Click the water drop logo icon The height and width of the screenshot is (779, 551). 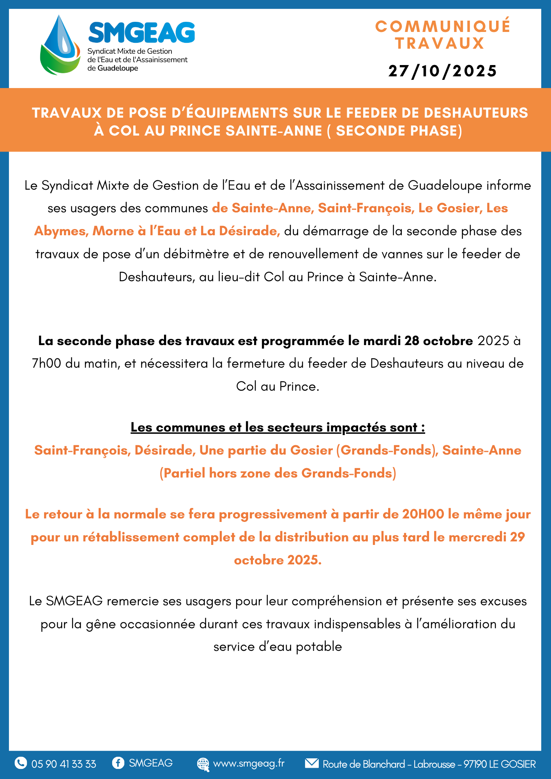click(x=60, y=45)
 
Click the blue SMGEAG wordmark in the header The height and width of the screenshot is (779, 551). click(x=141, y=32)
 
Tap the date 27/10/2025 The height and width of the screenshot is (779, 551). click(x=443, y=71)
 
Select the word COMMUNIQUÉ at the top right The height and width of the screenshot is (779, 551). click(x=443, y=26)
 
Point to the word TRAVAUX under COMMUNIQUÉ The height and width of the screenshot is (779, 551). click(x=440, y=43)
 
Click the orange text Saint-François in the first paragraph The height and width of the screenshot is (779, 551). click(x=366, y=208)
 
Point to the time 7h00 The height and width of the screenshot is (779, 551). click(x=46, y=363)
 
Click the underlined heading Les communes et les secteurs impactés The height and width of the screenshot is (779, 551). click(x=277, y=427)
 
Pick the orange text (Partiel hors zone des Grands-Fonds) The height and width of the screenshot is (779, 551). click(x=277, y=473)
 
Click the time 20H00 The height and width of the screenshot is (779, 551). click(x=423, y=514)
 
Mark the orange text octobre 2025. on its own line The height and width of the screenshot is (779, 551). click(x=277, y=560)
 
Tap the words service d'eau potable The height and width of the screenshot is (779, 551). click(x=277, y=647)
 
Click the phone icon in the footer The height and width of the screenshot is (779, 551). click(x=21, y=763)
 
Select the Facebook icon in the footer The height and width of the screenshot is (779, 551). click(x=118, y=763)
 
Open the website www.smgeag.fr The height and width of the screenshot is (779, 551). click(x=249, y=763)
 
